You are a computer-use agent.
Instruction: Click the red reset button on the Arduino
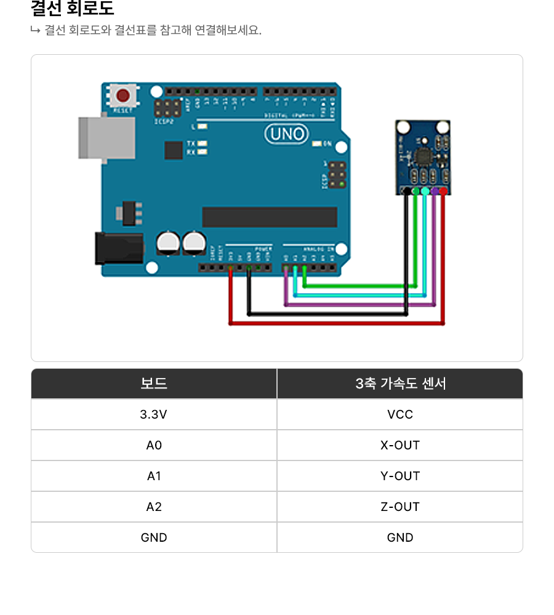(x=124, y=95)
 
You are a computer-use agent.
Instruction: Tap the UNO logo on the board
(x=287, y=134)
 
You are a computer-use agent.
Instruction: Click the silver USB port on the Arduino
(x=106, y=137)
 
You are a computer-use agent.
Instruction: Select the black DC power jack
(x=119, y=248)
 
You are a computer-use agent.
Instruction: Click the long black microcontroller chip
(x=270, y=217)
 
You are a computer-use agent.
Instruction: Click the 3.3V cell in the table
(x=154, y=414)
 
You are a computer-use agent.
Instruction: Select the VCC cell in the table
(x=400, y=414)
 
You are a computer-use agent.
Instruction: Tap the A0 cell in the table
(x=154, y=445)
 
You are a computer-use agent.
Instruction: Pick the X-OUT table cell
(x=400, y=445)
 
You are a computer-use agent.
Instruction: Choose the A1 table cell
(x=154, y=476)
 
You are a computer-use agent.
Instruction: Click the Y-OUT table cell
(x=400, y=476)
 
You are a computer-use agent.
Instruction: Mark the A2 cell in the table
(x=154, y=507)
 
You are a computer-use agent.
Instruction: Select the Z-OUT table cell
(x=400, y=507)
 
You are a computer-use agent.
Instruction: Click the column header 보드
(x=154, y=384)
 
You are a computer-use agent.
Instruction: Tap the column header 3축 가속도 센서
(x=400, y=384)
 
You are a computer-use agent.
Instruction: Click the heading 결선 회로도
(x=72, y=9)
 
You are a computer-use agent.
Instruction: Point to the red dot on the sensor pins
(x=443, y=191)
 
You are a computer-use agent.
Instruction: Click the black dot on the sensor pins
(x=406, y=191)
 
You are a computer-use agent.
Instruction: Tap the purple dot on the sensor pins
(x=435, y=191)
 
